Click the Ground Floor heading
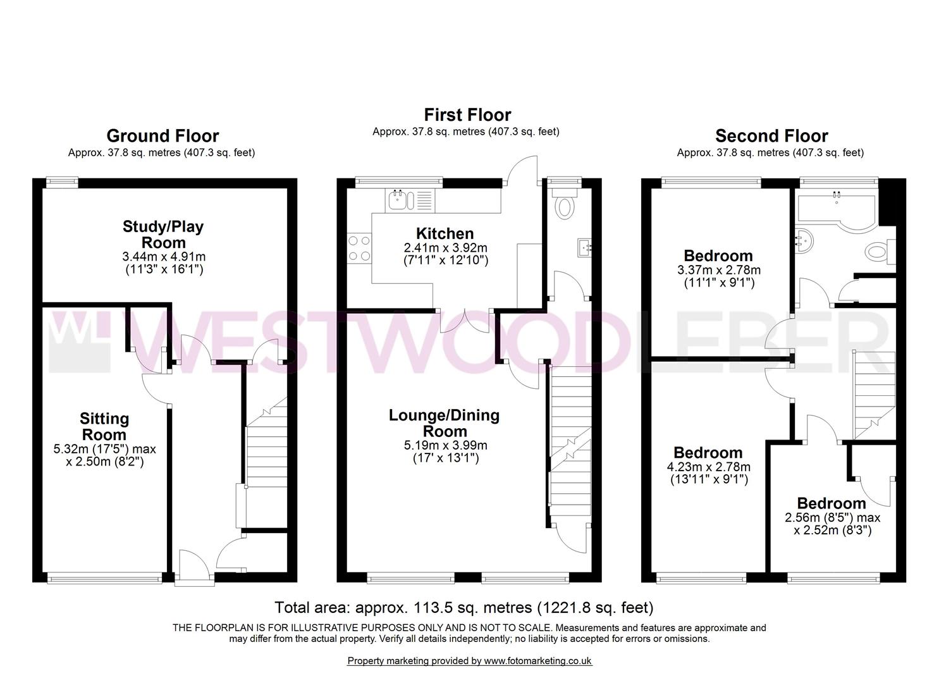pos(163,136)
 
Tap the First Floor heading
pos(467,115)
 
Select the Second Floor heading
pos(771,136)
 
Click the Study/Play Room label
pos(163,235)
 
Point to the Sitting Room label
pos(104,426)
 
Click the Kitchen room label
pos(445,233)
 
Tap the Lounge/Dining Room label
pos(445,423)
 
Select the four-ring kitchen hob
pos(360,249)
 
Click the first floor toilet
pos(565,204)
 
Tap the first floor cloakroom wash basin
pos(584,248)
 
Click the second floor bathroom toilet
pos(880,252)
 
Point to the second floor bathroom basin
pos(804,242)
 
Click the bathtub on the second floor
pos(837,212)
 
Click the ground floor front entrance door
pos(194,567)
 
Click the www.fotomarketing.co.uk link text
pos(538,661)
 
